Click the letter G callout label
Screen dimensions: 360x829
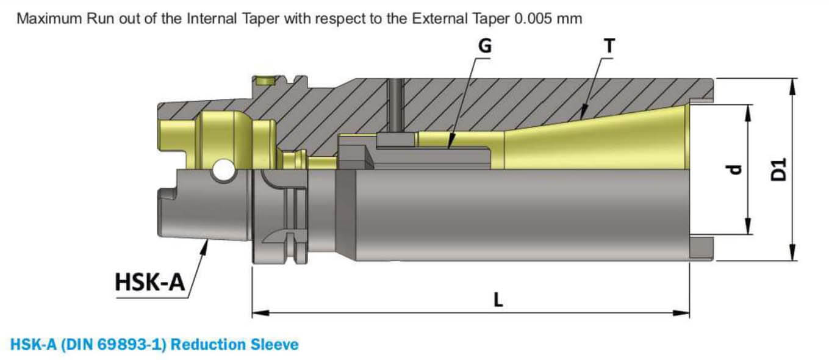pos(486,46)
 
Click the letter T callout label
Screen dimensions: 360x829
pos(609,46)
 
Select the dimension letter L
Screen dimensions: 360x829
pos(498,300)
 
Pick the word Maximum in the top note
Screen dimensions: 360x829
pos(46,18)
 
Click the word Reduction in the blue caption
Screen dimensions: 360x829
pos(209,345)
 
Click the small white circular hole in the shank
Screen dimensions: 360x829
pos(224,170)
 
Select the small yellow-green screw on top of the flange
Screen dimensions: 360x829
pos(265,81)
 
